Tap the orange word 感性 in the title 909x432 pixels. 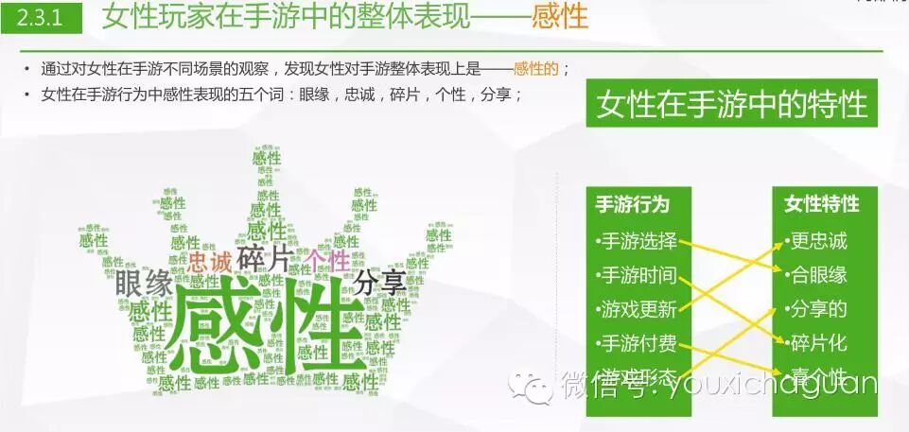click(x=560, y=17)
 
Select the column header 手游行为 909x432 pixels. click(x=633, y=204)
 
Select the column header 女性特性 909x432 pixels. click(x=822, y=204)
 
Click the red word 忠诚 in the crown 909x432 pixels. click(x=209, y=261)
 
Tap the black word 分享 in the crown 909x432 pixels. click(x=380, y=281)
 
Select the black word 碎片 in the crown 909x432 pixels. click(x=264, y=258)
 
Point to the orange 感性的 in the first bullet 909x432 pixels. click(x=536, y=69)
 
